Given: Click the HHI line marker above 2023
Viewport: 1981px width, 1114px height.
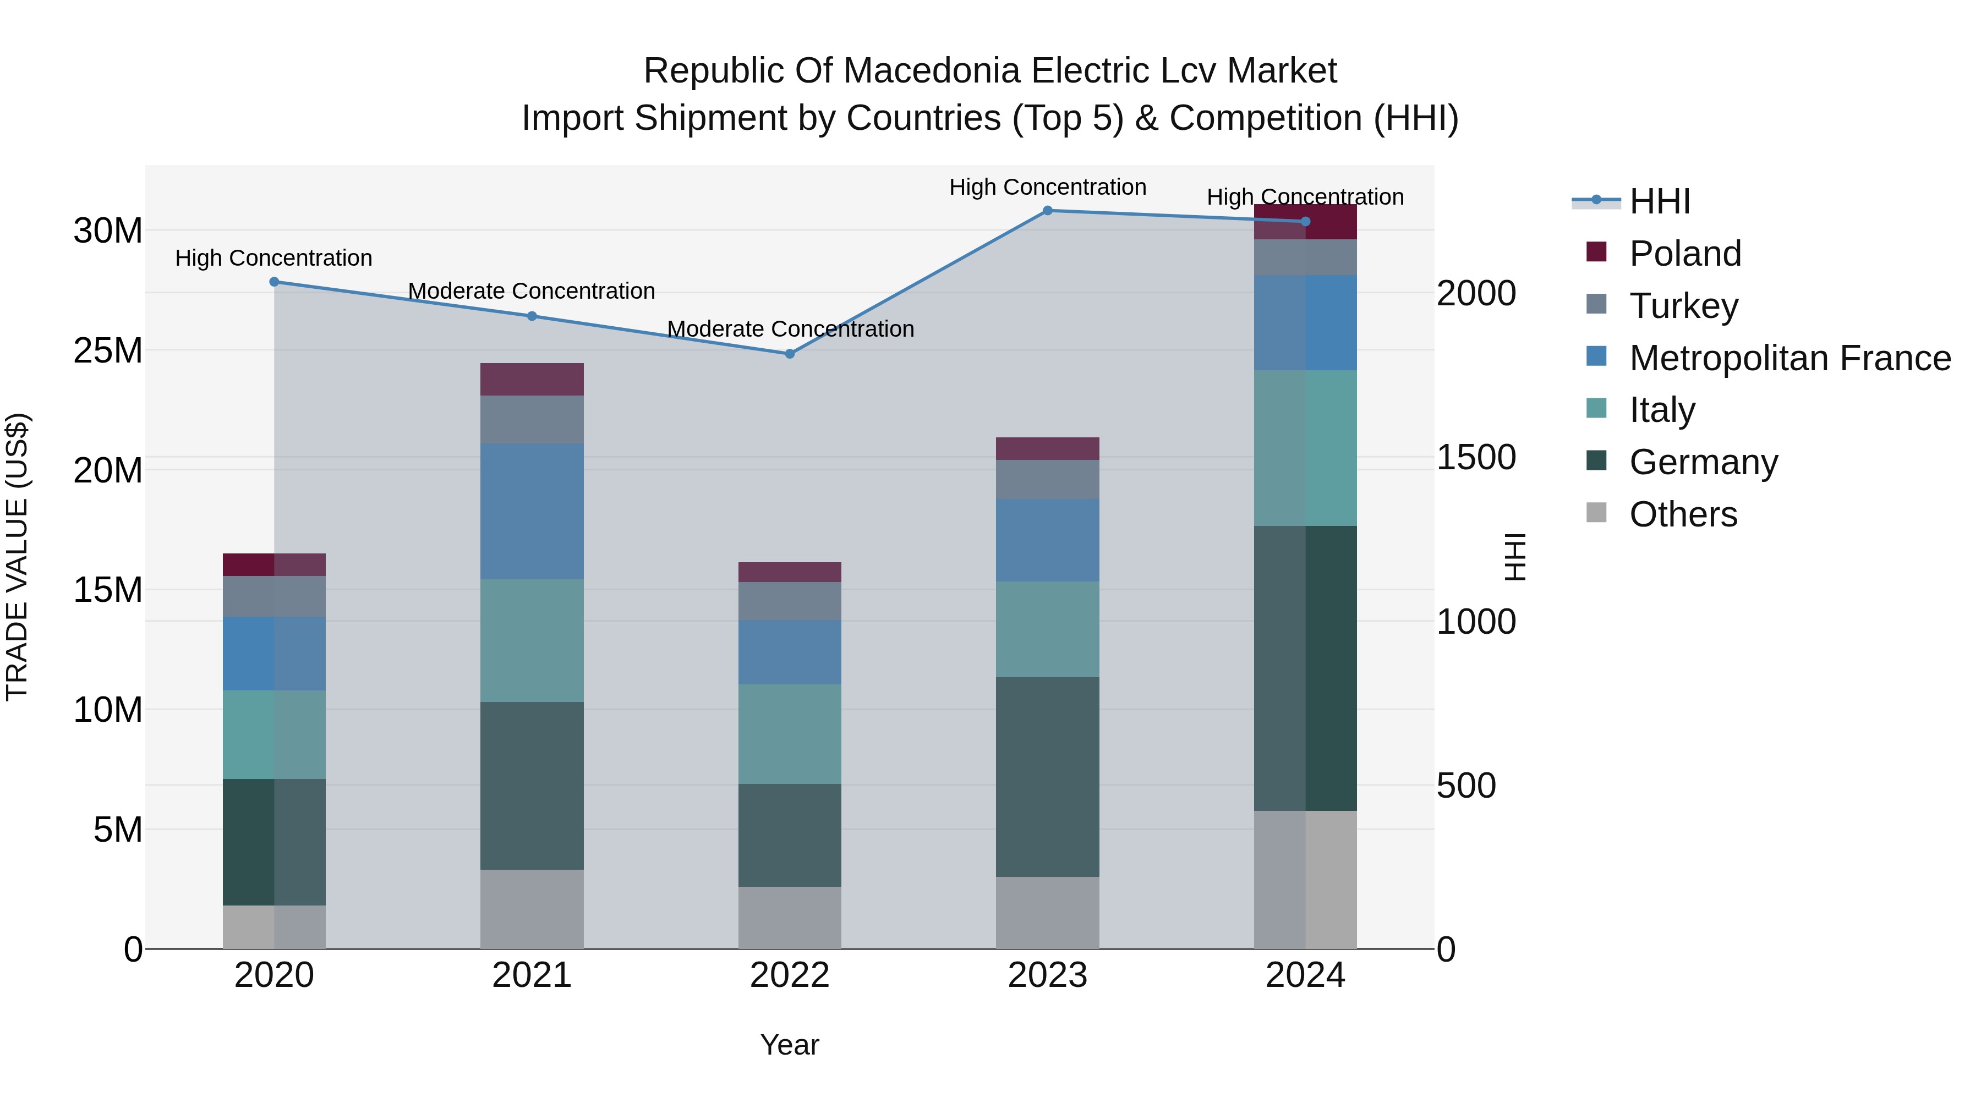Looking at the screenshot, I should pyautogui.click(x=1047, y=210).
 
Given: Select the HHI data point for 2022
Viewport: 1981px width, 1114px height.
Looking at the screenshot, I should pyautogui.click(x=790, y=354).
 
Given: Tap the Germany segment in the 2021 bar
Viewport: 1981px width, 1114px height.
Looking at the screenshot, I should pyautogui.click(x=532, y=785).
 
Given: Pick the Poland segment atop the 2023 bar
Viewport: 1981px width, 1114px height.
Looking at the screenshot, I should pyautogui.click(x=1047, y=448).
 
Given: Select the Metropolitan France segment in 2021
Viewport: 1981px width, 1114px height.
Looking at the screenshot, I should pyautogui.click(x=532, y=511).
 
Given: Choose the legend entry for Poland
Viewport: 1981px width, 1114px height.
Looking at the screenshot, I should pyautogui.click(x=1684, y=253).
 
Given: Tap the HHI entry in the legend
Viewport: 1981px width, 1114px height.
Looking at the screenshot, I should pyautogui.click(x=1659, y=201).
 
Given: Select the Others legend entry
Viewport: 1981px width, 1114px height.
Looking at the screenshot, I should pyautogui.click(x=1683, y=514).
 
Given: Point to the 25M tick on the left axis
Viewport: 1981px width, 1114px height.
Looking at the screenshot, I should pyautogui.click(x=108, y=350).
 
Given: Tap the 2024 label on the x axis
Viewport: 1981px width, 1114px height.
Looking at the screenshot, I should pyautogui.click(x=1305, y=975).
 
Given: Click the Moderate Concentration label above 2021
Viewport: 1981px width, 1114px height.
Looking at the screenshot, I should pyautogui.click(x=532, y=292).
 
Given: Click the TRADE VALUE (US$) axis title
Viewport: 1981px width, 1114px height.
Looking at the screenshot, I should pyautogui.click(x=17, y=557).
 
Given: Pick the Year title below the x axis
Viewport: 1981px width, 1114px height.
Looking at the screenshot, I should pyautogui.click(x=790, y=1045).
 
